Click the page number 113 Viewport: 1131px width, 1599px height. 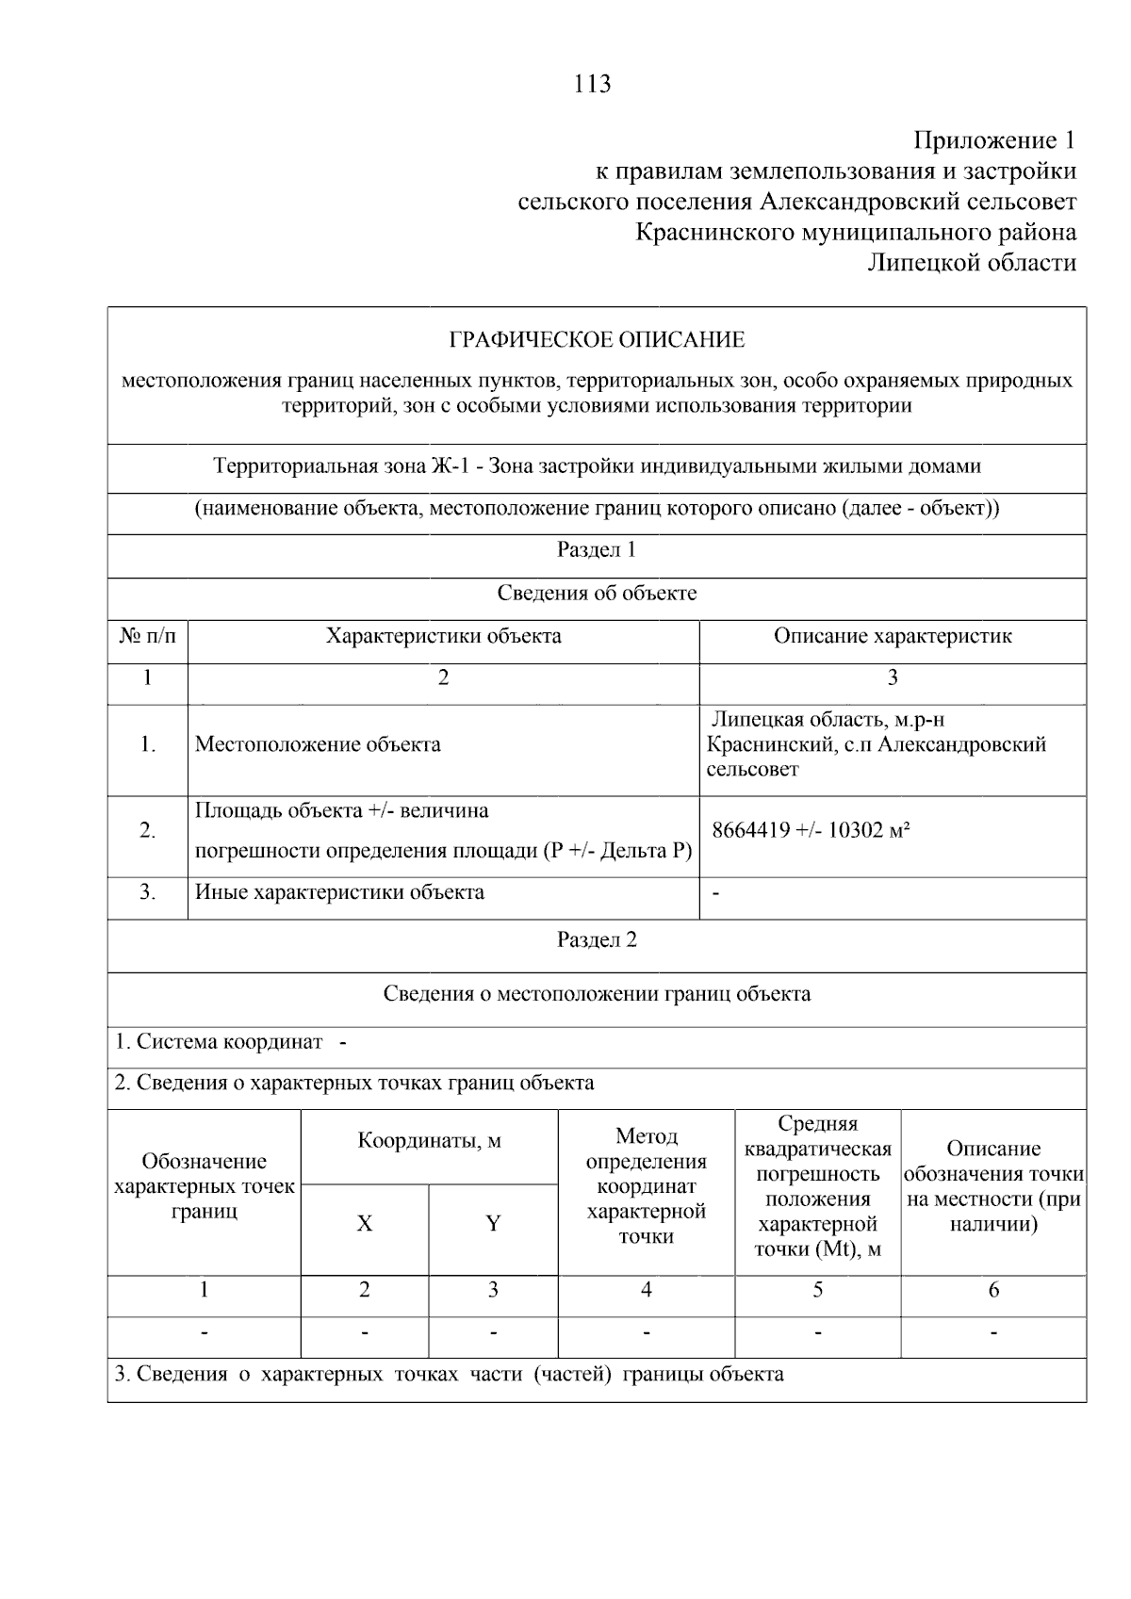pyautogui.click(x=592, y=85)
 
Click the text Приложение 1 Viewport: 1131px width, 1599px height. pyautogui.click(x=994, y=141)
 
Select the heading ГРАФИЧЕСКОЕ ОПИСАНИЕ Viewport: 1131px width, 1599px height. pyautogui.click(x=597, y=339)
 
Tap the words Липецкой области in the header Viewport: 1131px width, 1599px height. pyautogui.click(x=972, y=263)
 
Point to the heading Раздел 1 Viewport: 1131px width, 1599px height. pyautogui.click(x=597, y=550)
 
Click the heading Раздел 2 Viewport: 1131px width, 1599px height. pyautogui.click(x=597, y=940)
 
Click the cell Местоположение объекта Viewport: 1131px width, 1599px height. pyautogui.click(x=318, y=745)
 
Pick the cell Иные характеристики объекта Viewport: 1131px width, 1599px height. pyautogui.click(x=339, y=892)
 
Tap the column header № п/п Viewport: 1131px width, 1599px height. pyautogui.click(x=148, y=637)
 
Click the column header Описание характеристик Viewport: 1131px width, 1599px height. pyautogui.click(x=893, y=637)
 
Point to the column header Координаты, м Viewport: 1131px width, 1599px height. pyautogui.click(x=429, y=1142)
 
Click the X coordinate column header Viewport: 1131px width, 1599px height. pyautogui.click(x=365, y=1224)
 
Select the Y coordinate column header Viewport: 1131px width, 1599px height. pyautogui.click(x=493, y=1224)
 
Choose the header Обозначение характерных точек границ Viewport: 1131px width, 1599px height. pyautogui.click(x=205, y=1186)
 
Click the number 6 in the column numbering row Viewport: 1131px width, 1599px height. pyautogui.click(x=993, y=1291)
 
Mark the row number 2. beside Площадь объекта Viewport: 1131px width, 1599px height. pyautogui.click(x=148, y=831)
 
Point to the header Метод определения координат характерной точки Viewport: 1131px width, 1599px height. pyautogui.click(x=647, y=1186)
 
